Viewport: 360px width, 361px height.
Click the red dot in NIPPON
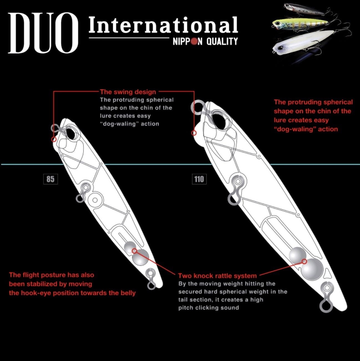pos(195,41)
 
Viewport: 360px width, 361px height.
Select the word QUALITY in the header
pos(222,41)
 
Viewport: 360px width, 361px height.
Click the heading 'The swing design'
pos(128,92)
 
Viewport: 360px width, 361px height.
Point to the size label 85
pos(50,179)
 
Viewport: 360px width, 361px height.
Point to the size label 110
pos(199,179)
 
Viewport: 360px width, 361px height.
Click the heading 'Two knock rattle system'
pos(217,276)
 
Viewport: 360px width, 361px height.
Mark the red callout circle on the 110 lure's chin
pos(194,133)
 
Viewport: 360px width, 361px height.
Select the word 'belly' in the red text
pos(128,293)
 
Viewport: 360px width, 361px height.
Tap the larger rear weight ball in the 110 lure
pos(312,268)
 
